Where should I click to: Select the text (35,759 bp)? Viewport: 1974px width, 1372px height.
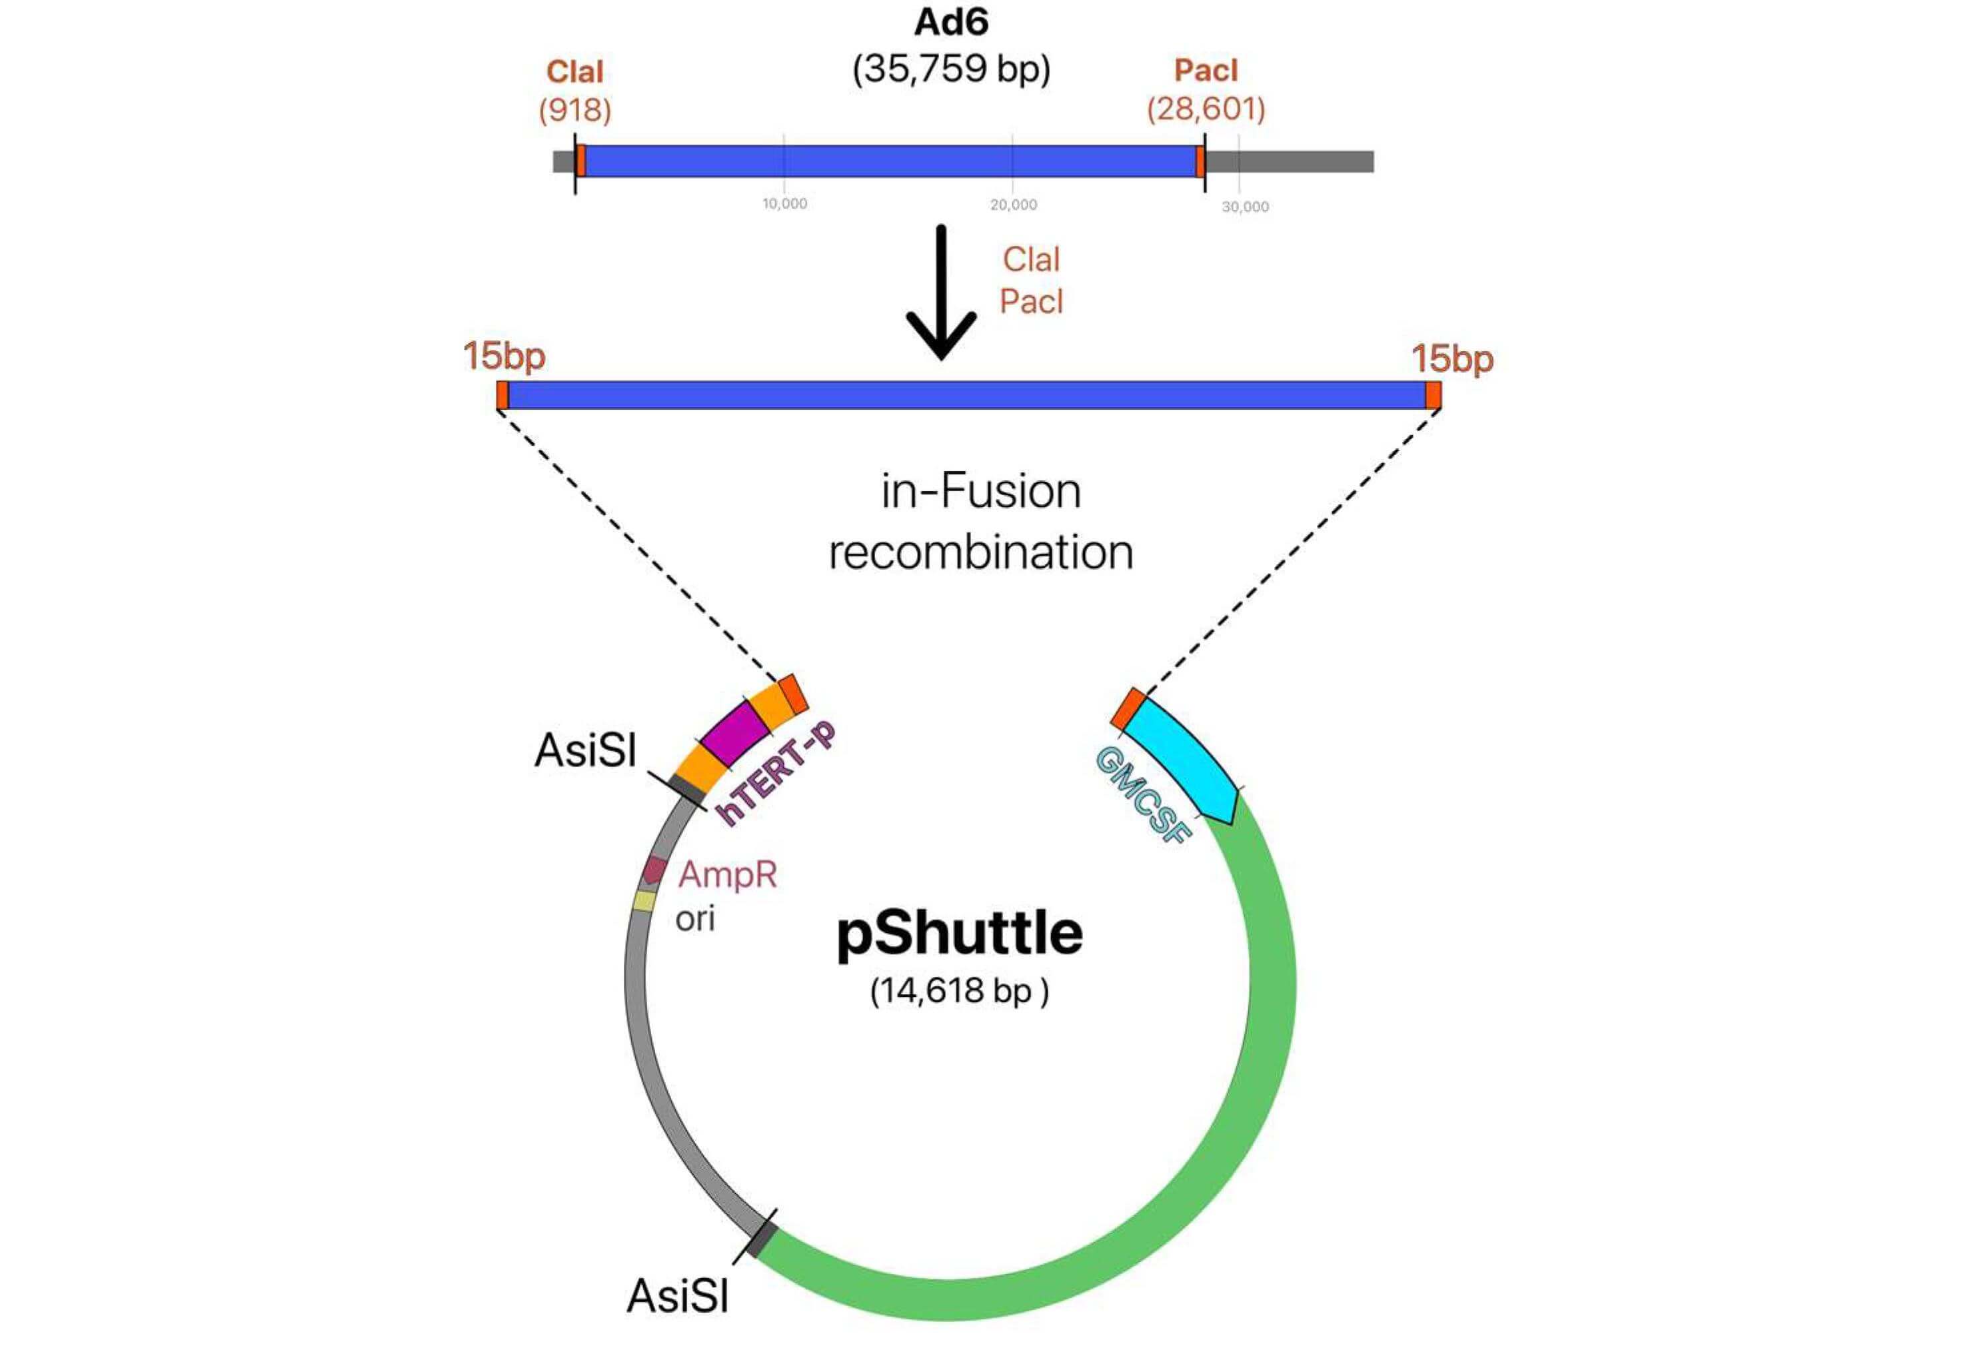point(951,69)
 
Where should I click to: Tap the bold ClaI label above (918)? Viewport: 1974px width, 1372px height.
point(574,72)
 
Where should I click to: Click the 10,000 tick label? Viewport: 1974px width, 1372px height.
point(784,204)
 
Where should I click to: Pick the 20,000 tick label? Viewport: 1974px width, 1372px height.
point(1013,205)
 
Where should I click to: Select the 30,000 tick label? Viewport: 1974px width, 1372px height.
point(1244,207)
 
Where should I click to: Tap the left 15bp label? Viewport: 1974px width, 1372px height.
point(504,356)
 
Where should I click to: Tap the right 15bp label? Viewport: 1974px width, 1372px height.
point(1452,358)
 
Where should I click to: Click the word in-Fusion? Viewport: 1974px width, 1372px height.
point(981,492)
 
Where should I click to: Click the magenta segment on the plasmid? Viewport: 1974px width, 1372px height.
point(734,733)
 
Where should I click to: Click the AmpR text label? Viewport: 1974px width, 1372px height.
point(727,874)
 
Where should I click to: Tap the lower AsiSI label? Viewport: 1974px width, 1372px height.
point(678,1295)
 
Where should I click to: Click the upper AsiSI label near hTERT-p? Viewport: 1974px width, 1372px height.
point(586,750)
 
